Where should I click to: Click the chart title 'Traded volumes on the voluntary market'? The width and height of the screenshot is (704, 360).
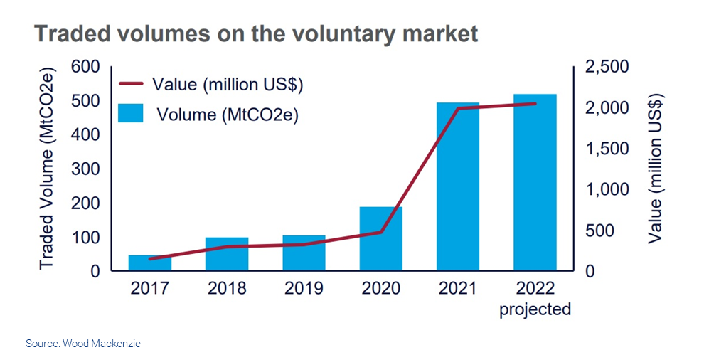tap(256, 34)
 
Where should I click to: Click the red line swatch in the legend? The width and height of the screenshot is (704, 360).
tap(132, 84)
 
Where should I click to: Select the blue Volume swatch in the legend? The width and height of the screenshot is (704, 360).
tap(132, 113)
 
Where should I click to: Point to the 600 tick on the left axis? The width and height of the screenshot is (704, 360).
tap(85, 67)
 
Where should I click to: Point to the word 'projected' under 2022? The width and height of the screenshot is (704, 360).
tap(535, 309)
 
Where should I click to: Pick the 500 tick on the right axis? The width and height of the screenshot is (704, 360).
tap(601, 231)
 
